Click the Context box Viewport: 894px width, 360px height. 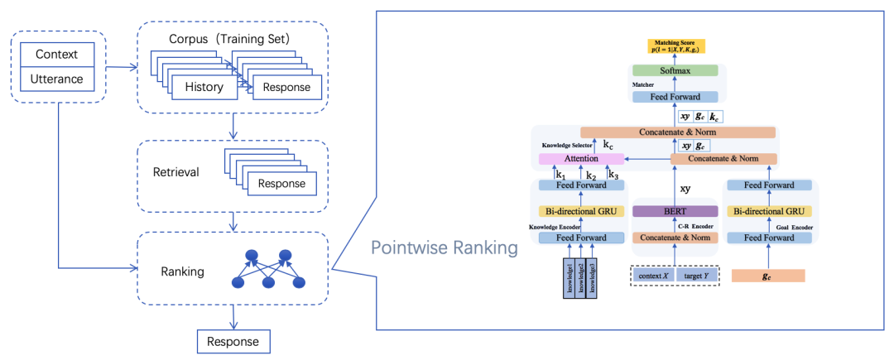(x=56, y=55)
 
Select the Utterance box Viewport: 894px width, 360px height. (x=56, y=79)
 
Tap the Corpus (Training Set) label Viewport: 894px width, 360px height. (x=235, y=39)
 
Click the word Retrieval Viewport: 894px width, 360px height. (x=175, y=173)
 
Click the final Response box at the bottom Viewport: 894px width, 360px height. (x=233, y=341)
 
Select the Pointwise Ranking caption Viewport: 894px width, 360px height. (x=445, y=247)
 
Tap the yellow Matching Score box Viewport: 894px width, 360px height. (x=676, y=46)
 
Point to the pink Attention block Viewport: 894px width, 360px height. (x=580, y=158)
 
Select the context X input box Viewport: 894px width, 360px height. (x=654, y=275)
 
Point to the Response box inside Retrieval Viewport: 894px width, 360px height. (x=281, y=183)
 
